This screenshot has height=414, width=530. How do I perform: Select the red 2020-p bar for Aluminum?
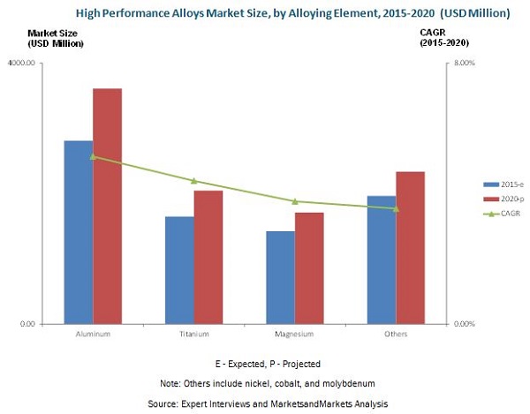(108, 206)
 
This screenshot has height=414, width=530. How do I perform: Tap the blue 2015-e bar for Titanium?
(180, 270)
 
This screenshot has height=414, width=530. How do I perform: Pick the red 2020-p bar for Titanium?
(209, 257)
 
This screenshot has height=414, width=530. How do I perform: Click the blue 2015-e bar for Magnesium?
(281, 277)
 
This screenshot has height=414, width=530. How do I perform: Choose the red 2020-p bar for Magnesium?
(310, 267)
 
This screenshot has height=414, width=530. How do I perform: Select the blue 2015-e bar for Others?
(382, 260)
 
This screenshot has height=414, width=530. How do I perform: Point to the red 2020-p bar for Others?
(411, 247)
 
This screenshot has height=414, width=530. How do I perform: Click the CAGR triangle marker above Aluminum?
(93, 156)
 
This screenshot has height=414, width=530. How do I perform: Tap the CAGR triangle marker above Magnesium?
(295, 201)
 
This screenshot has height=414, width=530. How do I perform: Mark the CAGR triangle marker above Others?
(396, 208)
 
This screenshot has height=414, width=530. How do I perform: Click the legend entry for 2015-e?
(505, 184)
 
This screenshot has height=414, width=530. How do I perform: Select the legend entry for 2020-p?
(505, 199)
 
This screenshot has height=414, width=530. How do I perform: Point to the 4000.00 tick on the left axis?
(45, 64)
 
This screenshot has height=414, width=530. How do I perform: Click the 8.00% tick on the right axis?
(464, 64)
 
